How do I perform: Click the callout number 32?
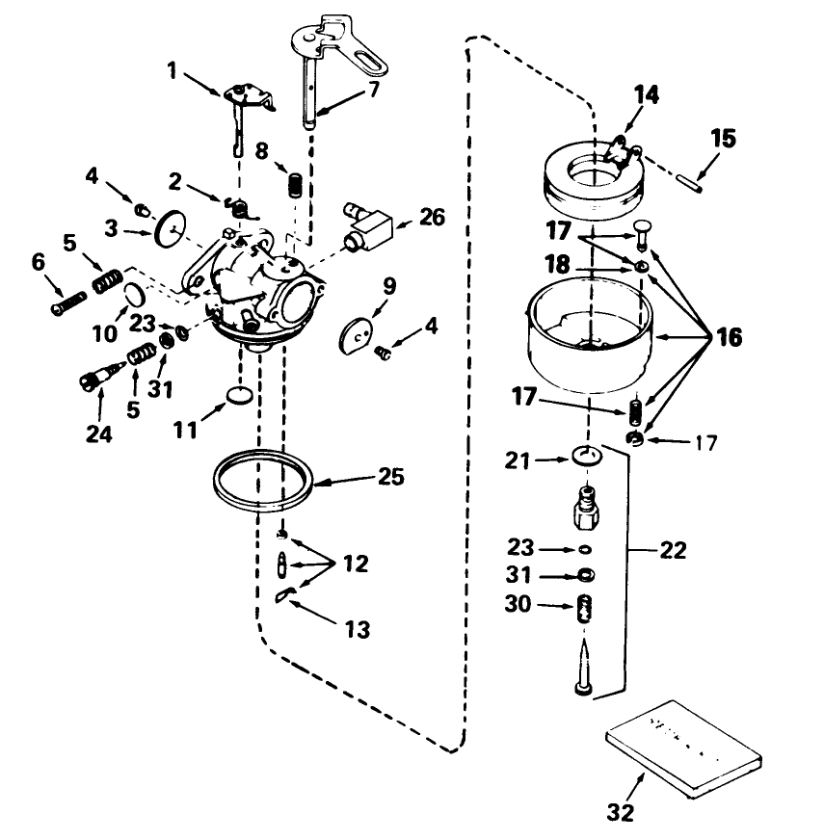coord(623,811)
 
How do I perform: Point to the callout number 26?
coord(433,217)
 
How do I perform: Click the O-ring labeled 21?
coord(584,455)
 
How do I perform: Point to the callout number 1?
coord(173,71)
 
